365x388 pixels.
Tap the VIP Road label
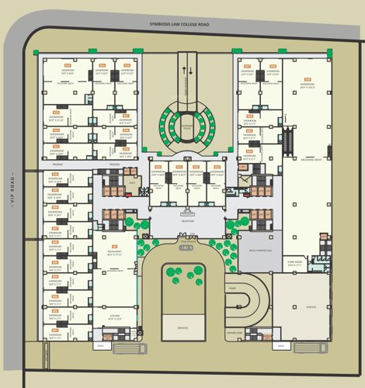(x=12, y=186)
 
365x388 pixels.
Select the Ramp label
(x=233, y=286)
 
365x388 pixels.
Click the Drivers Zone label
(x=235, y=331)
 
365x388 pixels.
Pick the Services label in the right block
(x=311, y=307)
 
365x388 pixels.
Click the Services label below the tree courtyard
(x=182, y=327)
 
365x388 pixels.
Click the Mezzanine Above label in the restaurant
(x=115, y=271)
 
